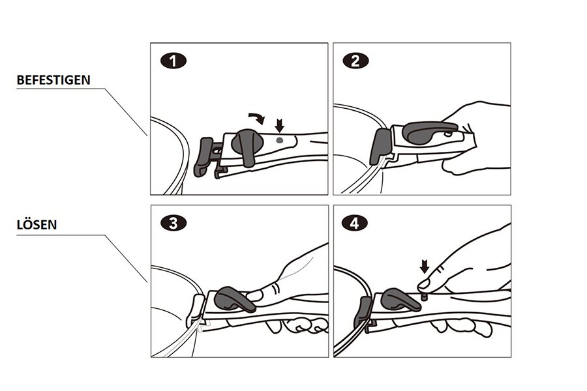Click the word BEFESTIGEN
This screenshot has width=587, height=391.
coord(53,80)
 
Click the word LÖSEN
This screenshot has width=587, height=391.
coord(37,224)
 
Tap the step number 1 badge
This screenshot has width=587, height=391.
coord(173,61)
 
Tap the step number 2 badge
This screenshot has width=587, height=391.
coord(355,61)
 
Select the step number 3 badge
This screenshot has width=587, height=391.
coord(173,224)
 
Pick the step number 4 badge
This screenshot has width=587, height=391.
coord(355,224)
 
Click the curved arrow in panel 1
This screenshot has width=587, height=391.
coord(258,117)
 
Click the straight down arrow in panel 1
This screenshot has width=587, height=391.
coord(279,125)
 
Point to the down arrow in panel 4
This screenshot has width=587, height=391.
coord(424,267)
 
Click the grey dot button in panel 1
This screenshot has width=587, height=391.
coord(279,140)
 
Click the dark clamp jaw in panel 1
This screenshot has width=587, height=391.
coord(203,157)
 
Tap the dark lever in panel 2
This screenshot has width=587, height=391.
coord(429,131)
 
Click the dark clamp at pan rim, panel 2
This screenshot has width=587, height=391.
coord(381,146)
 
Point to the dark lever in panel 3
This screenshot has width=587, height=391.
coord(235,299)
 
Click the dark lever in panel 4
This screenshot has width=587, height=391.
coord(400,299)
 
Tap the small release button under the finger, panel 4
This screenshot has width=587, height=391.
coord(425,297)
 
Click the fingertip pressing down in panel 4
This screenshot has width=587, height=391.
coord(424,284)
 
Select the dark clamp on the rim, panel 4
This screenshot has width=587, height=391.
coord(363,312)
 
